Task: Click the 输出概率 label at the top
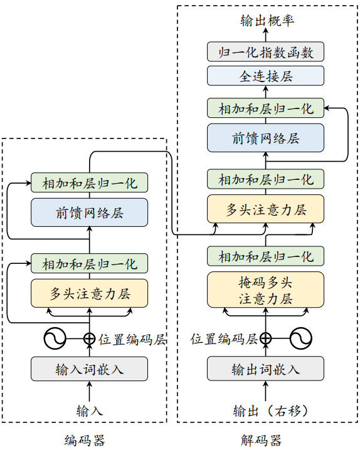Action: pos(266,21)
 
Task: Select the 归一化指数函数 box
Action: pos(266,51)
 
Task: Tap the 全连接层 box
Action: pos(266,76)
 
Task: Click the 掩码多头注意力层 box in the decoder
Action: pos(266,290)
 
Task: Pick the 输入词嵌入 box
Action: pos(90,369)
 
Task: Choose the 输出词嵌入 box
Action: pos(266,369)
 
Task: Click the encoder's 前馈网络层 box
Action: pos(90,212)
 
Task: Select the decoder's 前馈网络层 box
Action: pos(266,138)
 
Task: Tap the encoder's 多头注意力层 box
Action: pos(90,292)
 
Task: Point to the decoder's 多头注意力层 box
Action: pos(266,209)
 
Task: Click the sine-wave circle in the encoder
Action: pos(55,339)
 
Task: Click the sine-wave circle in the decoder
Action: pos(300,339)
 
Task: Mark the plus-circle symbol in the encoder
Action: pos(90,339)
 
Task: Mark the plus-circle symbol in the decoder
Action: pos(266,339)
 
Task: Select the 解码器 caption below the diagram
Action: pos(262,440)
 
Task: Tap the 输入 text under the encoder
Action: pos(90,411)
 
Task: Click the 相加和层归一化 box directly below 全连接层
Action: pos(266,108)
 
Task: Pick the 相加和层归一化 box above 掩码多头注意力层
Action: pos(266,256)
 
